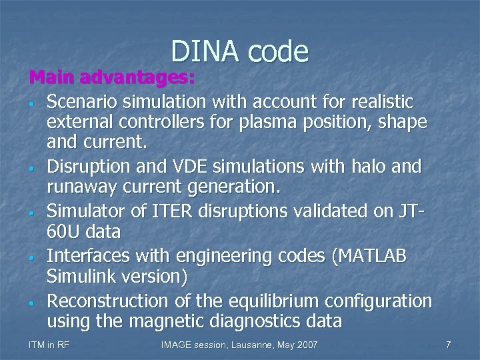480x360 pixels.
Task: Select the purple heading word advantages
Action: [137, 79]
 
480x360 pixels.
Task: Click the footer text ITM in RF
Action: [49, 345]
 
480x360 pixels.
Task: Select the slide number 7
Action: [449, 345]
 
